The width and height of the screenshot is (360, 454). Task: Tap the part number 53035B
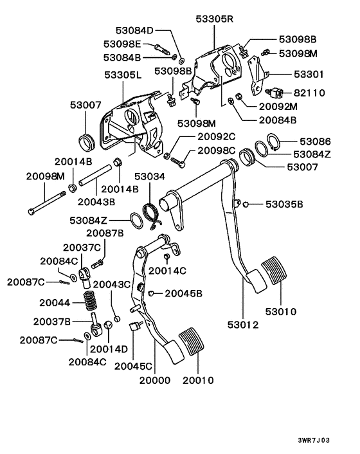pos(285,204)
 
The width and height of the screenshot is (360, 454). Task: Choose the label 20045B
pos(183,293)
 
